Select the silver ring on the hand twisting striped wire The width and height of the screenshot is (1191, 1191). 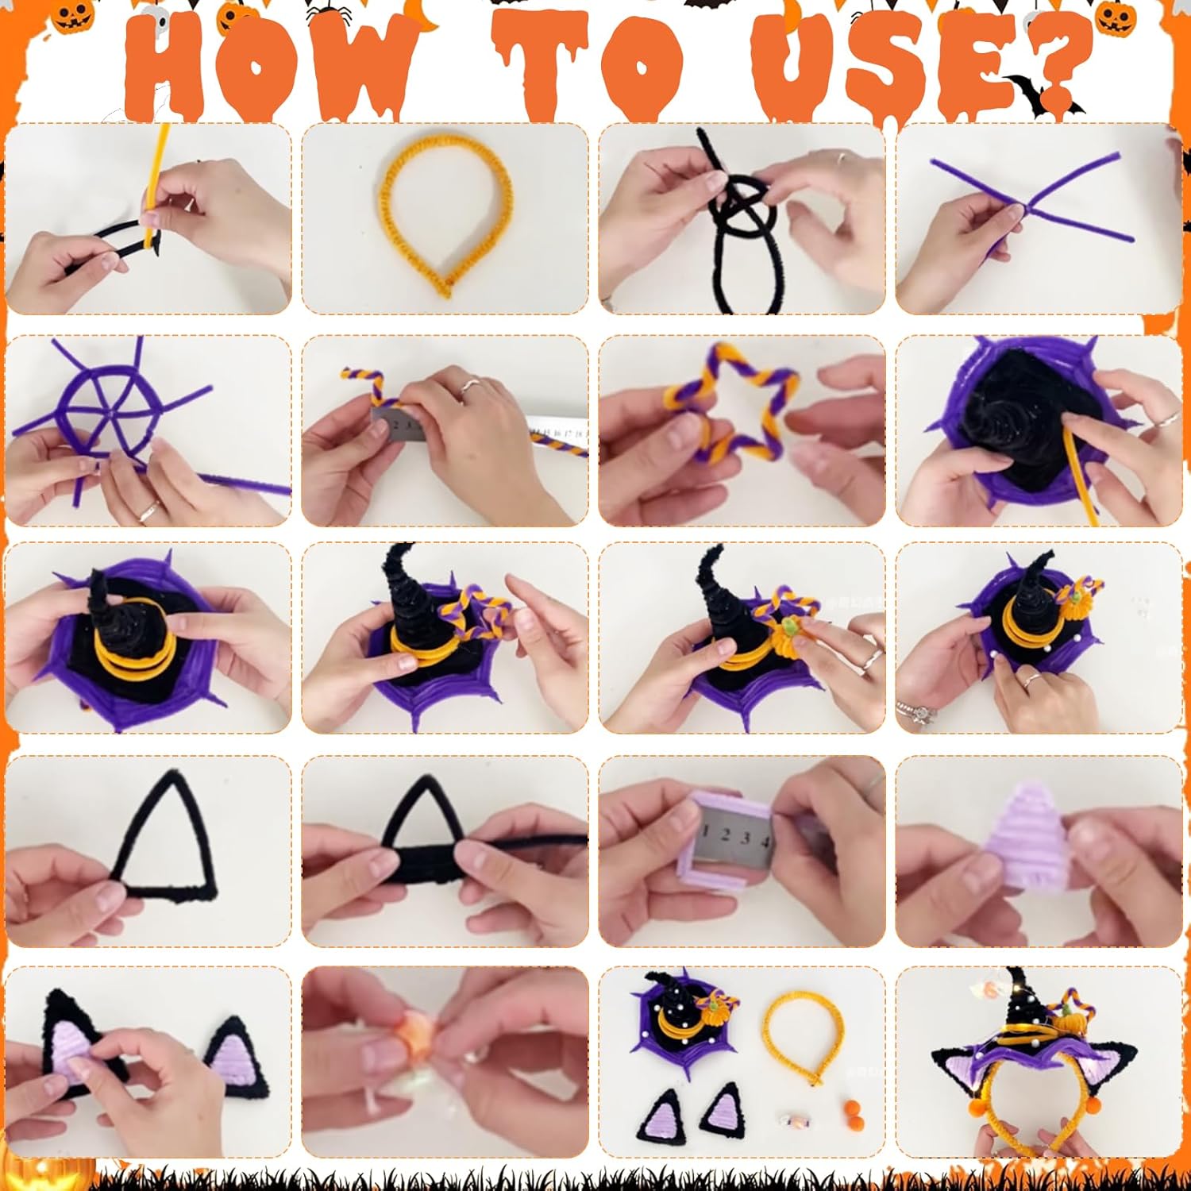tap(470, 387)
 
